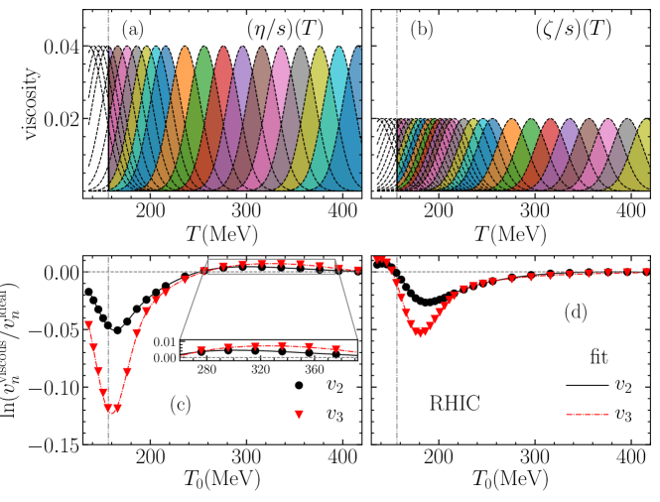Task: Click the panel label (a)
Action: (x=133, y=30)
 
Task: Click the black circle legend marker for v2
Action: (x=300, y=384)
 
